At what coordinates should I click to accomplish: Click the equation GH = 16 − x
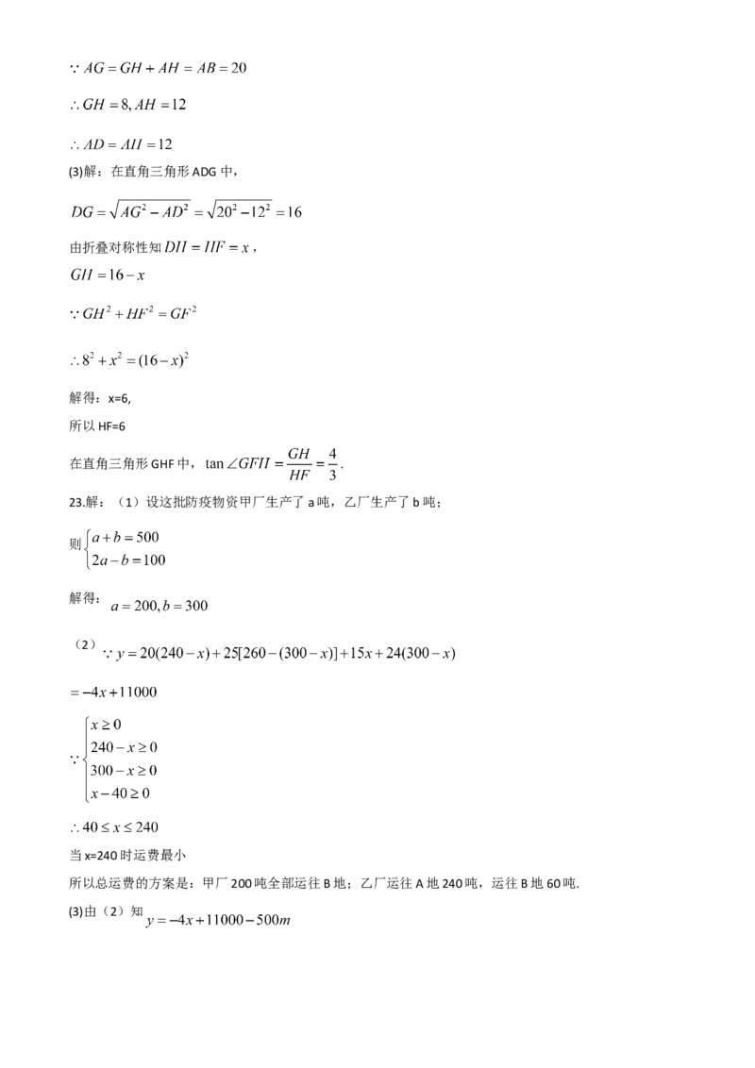click(108, 275)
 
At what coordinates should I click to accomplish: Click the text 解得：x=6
click(100, 398)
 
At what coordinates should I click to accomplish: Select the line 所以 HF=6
click(97, 426)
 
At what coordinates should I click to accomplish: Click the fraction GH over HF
click(298, 464)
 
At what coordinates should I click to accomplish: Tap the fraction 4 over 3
click(332, 464)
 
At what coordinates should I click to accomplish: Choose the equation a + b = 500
click(126, 538)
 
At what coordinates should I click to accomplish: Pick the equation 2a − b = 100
click(128, 560)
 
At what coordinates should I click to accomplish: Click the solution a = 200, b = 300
click(159, 607)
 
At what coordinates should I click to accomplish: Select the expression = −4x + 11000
click(113, 692)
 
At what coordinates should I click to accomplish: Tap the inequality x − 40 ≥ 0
click(120, 793)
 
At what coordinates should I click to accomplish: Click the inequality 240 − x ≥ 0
click(124, 747)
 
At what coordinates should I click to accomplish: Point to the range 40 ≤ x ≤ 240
click(114, 827)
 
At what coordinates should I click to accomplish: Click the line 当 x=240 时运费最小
click(128, 856)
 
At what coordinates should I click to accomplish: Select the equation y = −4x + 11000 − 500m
click(219, 920)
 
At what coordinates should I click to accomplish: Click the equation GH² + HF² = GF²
click(133, 313)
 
